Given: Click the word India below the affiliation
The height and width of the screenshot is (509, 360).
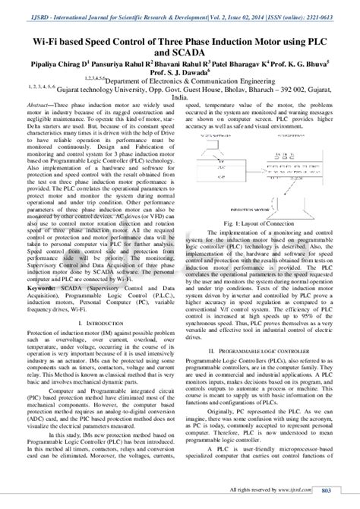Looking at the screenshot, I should pyautogui.click(x=180, y=98).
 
